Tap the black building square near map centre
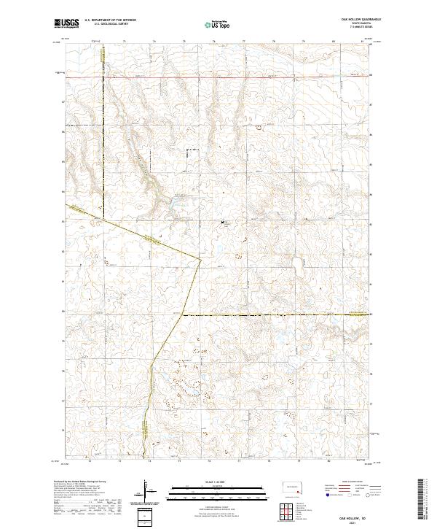click(x=223, y=220)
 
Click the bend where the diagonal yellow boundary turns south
click(x=200, y=258)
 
